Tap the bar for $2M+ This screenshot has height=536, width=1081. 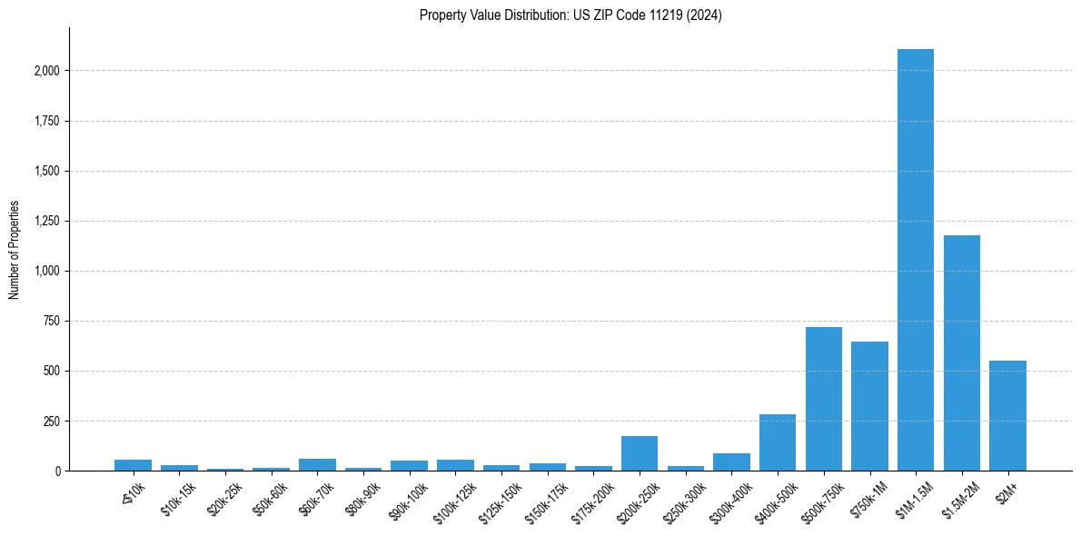pyautogui.click(x=1007, y=415)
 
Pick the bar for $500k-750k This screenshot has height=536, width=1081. pyautogui.click(x=823, y=399)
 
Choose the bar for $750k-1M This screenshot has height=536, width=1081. pyautogui.click(x=869, y=406)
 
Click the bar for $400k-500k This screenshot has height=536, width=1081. pyautogui.click(x=777, y=442)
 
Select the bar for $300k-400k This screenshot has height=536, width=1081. pyautogui.click(x=731, y=462)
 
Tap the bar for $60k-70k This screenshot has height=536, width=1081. pyautogui.click(x=317, y=464)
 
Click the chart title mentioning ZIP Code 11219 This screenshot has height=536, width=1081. pyautogui.click(x=570, y=15)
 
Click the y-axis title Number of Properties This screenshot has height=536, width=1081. pyautogui.click(x=15, y=249)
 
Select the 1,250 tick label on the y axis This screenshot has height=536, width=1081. pyautogui.click(x=45, y=221)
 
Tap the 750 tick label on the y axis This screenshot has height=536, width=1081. pyautogui.click(x=51, y=321)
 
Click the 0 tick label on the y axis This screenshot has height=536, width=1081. pyautogui.click(x=57, y=471)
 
